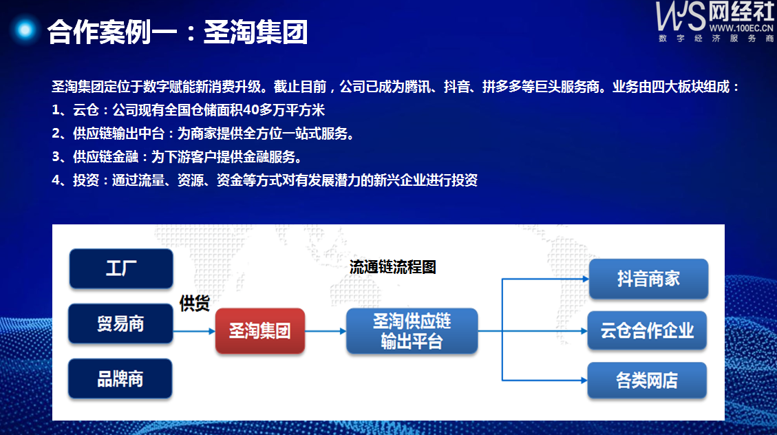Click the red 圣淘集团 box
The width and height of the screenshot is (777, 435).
coord(260,330)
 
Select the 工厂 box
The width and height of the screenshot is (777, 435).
coord(121,268)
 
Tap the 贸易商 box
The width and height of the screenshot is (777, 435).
coord(120,323)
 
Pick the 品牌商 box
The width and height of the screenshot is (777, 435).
coord(120,379)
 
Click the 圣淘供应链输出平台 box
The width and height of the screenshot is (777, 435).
coord(412,331)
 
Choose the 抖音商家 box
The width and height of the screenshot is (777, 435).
coord(648,279)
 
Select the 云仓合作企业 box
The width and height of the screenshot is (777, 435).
coord(647,330)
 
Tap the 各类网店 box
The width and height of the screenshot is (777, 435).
coord(647,381)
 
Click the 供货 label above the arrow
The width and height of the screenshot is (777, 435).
coord(195,304)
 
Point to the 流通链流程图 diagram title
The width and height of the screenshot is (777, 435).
coord(392,267)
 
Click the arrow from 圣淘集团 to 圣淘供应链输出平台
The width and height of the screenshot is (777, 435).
coord(326,331)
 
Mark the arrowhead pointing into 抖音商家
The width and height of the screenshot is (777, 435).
coord(586,279)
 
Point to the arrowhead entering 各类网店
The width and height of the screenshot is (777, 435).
coord(584,381)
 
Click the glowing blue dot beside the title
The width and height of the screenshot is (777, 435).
coord(25,30)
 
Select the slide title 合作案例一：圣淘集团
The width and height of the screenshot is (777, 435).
coord(178,32)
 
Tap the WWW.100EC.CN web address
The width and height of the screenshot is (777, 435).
coord(741,28)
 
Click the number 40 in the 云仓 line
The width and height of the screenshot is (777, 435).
coord(251,110)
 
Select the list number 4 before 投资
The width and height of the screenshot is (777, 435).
coord(56,180)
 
